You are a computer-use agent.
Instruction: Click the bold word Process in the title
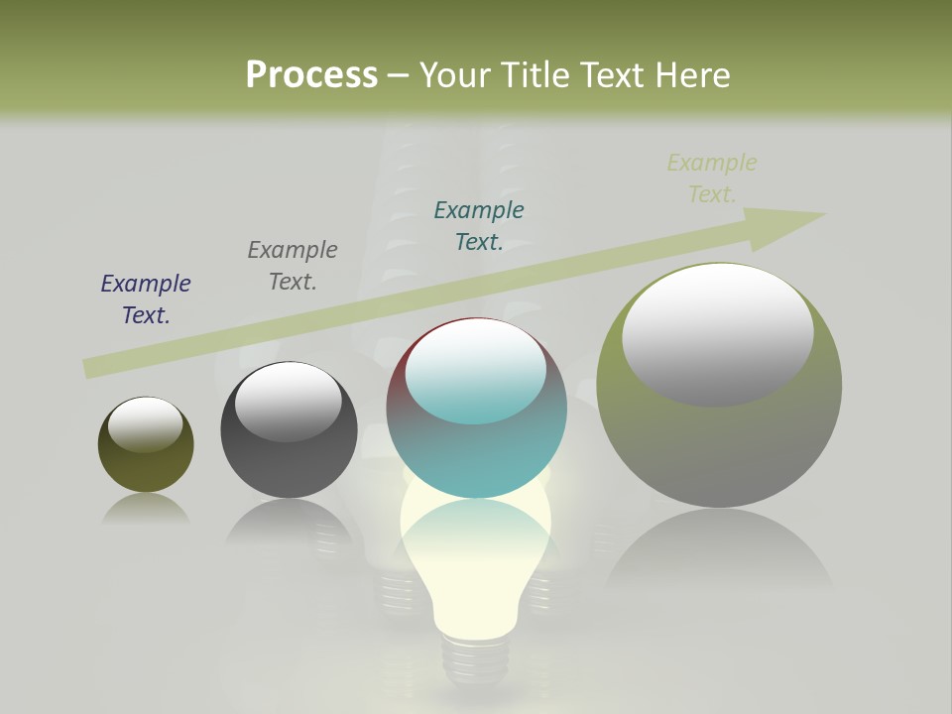click(311, 74)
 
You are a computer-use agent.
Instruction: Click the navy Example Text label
click(146, 298)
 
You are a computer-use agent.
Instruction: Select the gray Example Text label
click(293, 265)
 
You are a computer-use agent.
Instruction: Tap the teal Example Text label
click(479, 225)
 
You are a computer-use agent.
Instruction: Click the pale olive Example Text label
click(712, 178)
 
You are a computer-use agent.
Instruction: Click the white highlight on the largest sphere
click(718, 333)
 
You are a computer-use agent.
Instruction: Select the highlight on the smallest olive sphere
click(146, 424)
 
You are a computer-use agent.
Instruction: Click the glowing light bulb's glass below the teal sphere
click(475, 565)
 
